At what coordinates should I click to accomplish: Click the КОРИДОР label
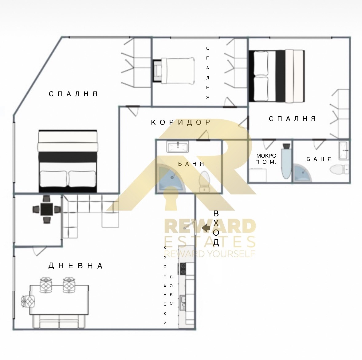pyautogui.click(x=181, y=122)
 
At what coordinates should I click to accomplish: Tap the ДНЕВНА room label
pyautogui.click(x=76, y=266)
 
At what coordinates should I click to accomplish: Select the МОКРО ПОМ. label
pyautogui.click(x=266, y=159)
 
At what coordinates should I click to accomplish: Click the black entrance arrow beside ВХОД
pyautogui.click(x=206, y=228)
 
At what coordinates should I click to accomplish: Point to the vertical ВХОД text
pyautogui.click(x=216, y=228)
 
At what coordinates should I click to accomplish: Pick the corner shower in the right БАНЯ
pyautogui.click(x=302, y=172)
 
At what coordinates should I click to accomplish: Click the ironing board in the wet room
pyautogui.click(x=286, y=161)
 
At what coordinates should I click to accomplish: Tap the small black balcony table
pyautogui.click(x=47, y=209)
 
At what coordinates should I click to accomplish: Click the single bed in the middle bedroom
pyautogui.click(x=174, y=71)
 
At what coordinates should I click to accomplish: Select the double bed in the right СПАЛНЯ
pyautogui.click(x=277, y=76)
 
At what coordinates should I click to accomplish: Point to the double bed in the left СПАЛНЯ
pyautogui.click(x=68, y=161)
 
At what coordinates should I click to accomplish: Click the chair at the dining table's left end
pyautogui.click(x=28, y=301)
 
